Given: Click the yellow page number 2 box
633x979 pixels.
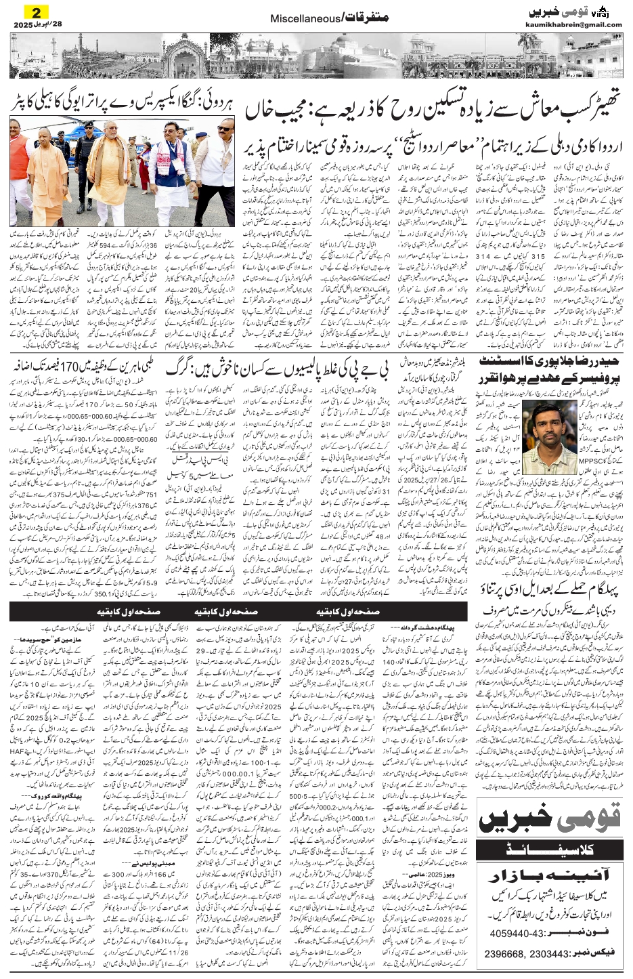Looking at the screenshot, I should pyautogui.click(x=32, y=11).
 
